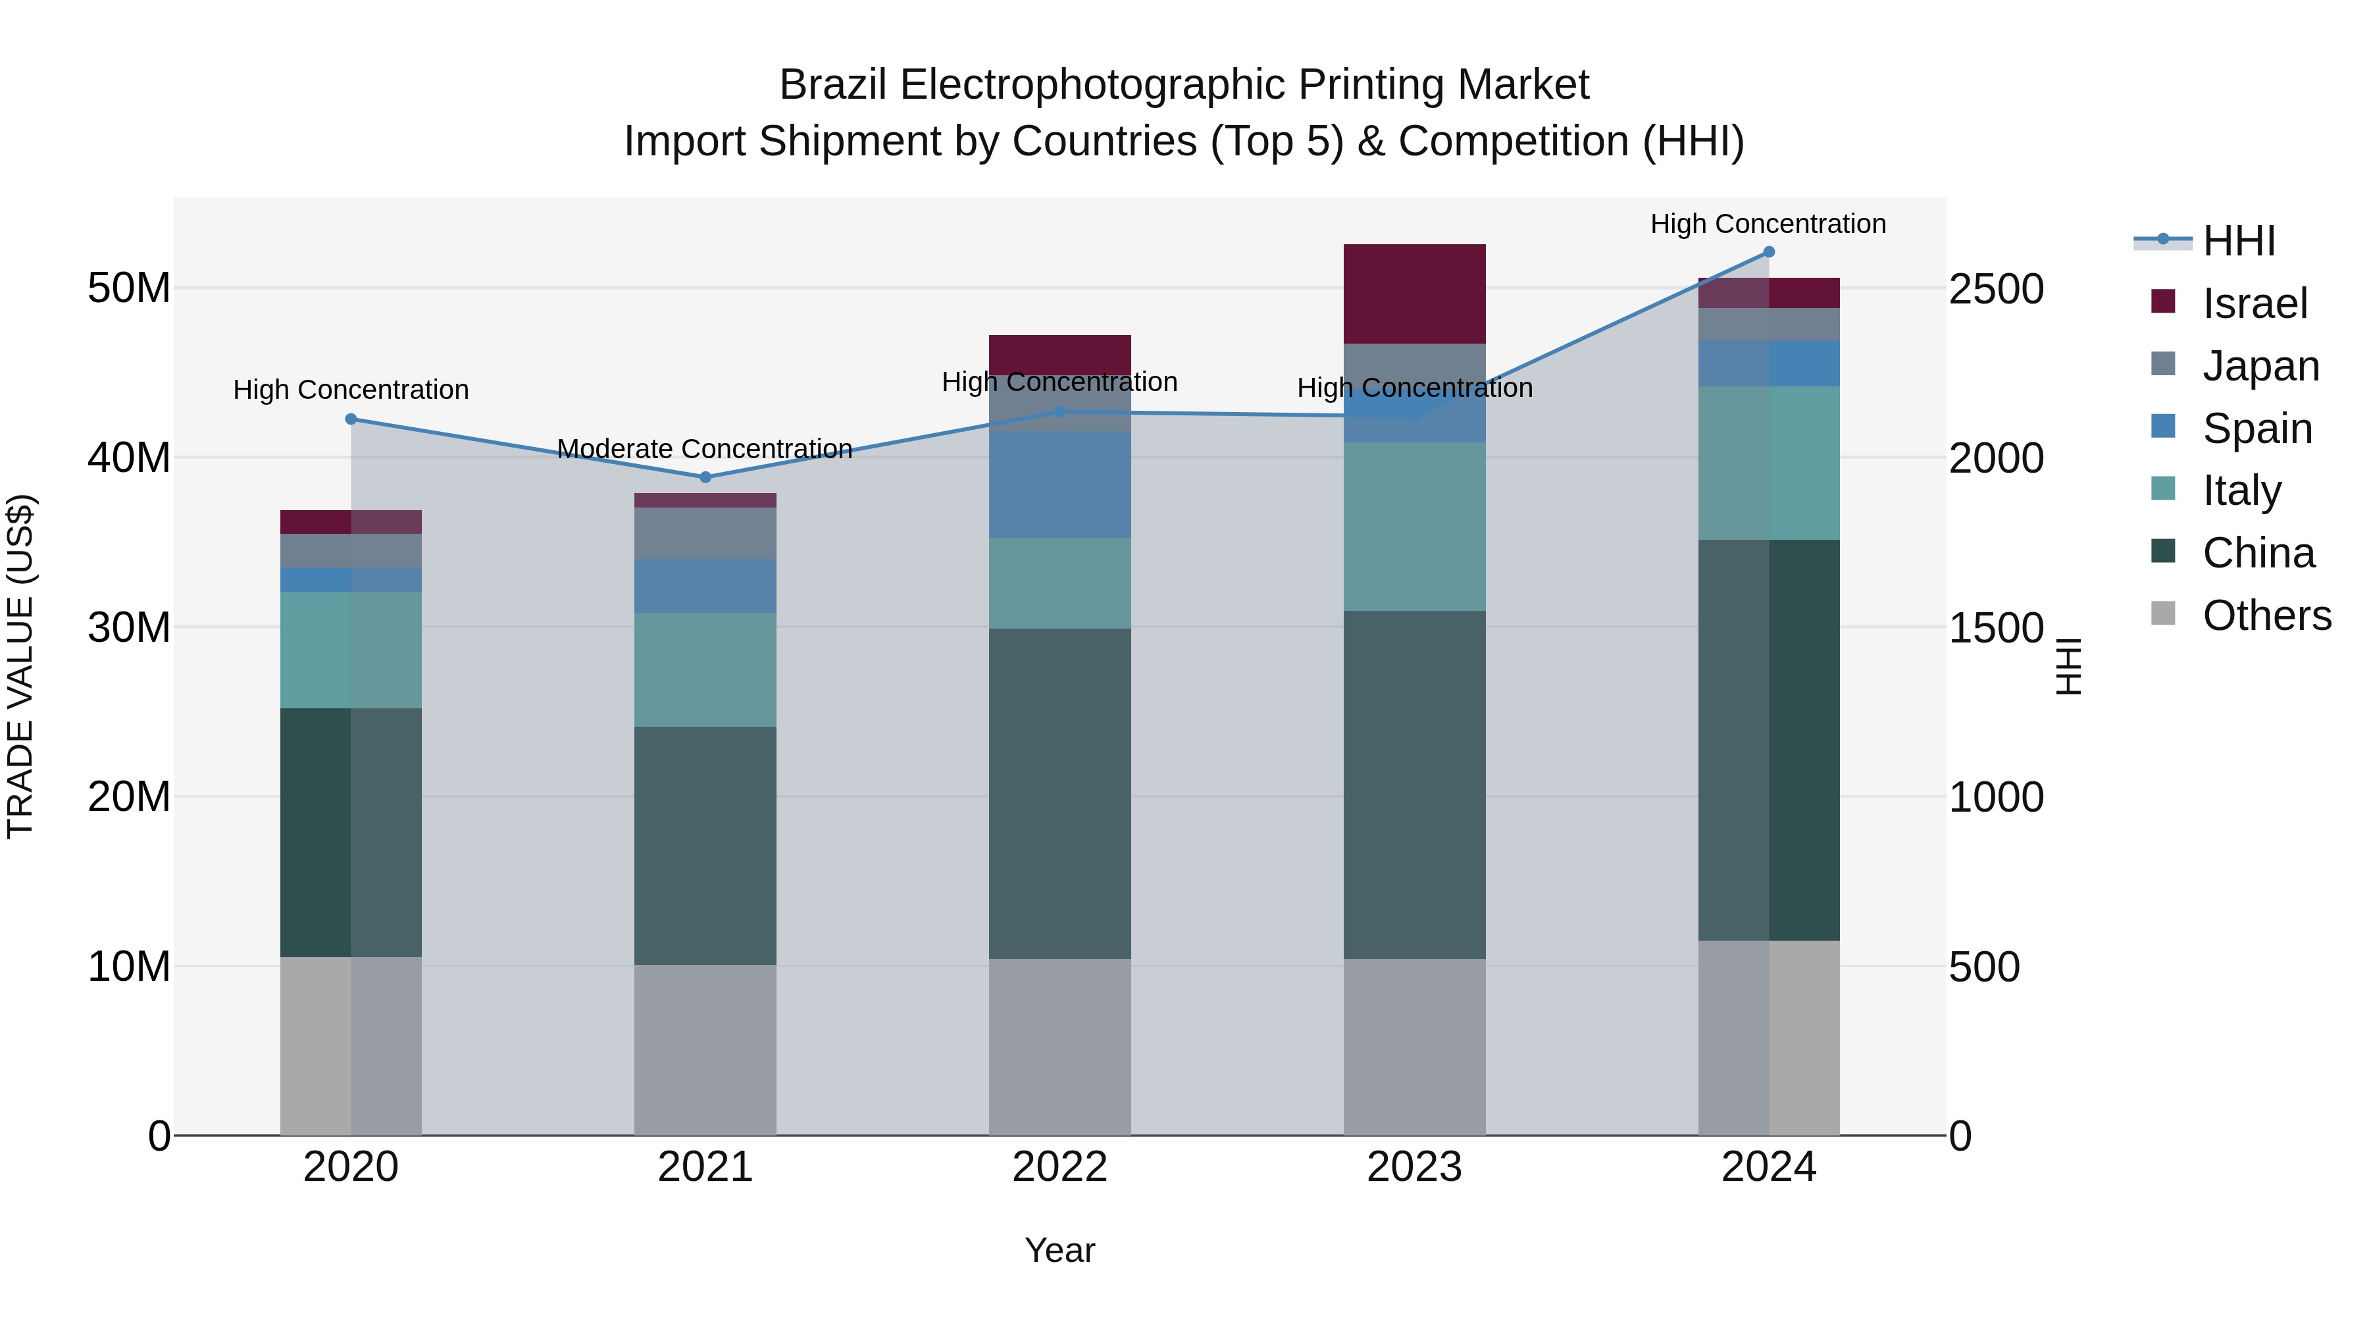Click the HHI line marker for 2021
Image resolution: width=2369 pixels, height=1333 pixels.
(x=705, y=477)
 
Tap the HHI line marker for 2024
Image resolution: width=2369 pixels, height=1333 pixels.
(x=1768, y=252)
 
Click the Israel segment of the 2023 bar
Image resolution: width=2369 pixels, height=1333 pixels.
(x=1414, y=294)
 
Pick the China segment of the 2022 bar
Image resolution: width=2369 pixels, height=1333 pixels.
(x=1059, y=793)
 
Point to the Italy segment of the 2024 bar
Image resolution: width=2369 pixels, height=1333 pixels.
(x=1768, y=463)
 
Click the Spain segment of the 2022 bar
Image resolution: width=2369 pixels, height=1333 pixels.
(x=1059, y=484)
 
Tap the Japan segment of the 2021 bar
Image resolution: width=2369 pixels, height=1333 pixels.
(x=705, y=534)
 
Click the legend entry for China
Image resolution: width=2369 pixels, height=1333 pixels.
(x=2257, y=553)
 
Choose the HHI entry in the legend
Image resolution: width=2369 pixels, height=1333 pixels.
(x=2239, y=241)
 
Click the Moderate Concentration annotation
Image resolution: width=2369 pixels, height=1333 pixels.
(x=705, y=449)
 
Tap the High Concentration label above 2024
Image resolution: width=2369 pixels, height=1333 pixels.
(x=1768, y=224)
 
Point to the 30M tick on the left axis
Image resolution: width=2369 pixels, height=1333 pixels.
(x=129, y=627)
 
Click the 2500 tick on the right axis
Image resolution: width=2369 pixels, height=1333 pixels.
(x=1996, y=290)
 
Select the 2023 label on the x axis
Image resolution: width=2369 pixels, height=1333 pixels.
(x=1414, y=1167)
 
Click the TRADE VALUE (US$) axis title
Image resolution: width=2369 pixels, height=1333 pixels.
(x=20, y=666)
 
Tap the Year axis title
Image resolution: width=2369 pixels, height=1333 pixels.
(x=1059, y=1250)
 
